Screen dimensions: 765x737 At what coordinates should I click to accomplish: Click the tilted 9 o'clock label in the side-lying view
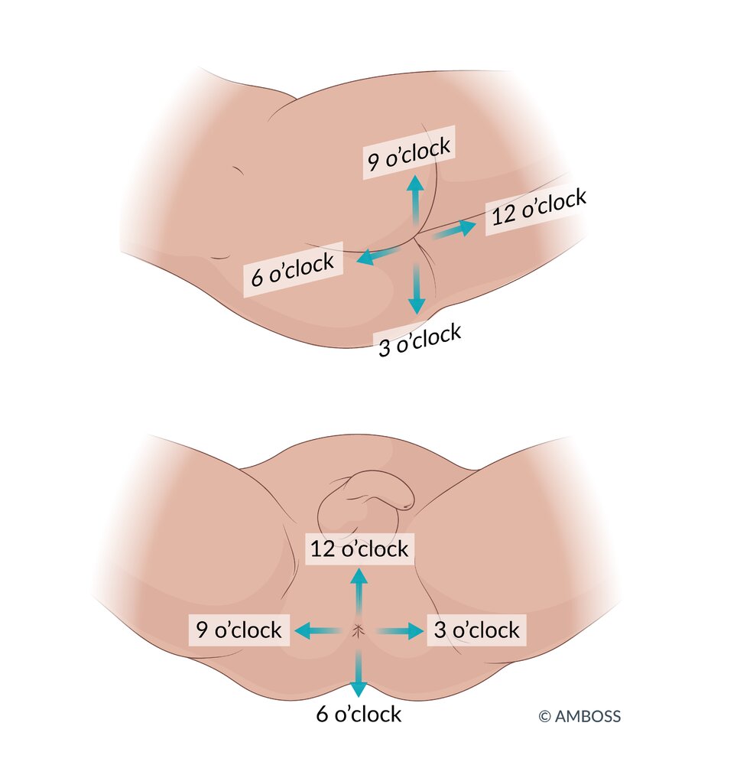click(408, 152)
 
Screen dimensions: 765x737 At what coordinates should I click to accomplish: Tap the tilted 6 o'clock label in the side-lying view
click(293, 270)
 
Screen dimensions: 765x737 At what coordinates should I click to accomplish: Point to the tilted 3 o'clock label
click(420, 340)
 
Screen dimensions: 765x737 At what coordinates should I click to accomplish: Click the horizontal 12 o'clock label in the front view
click(359, 549)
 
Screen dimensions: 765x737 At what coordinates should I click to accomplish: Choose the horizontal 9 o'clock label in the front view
click(239, 630)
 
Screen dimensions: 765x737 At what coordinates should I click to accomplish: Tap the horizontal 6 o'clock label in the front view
click(359, 715)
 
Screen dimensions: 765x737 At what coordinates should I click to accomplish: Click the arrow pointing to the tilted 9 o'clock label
click(415, 199)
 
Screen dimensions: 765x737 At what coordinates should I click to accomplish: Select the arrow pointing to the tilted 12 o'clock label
click(456, 229)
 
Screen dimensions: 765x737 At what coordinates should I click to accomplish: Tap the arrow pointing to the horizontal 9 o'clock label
click(317, 631)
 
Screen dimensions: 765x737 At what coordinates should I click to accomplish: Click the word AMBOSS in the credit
click(588, 717)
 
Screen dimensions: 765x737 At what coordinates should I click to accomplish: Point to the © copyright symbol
click(544, 717)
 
